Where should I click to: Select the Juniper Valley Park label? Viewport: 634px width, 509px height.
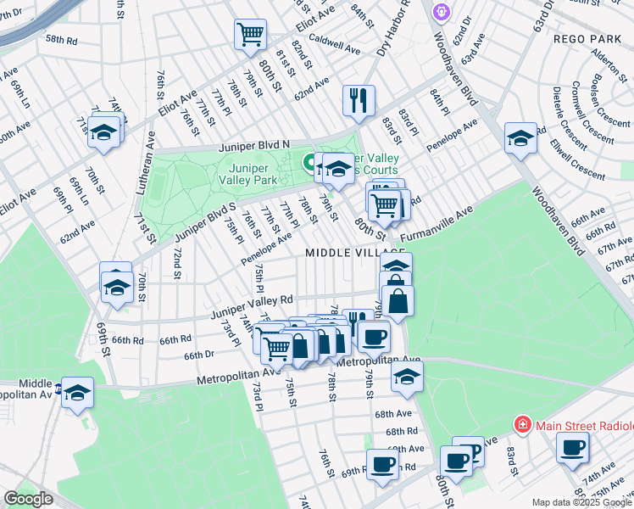[247, 174]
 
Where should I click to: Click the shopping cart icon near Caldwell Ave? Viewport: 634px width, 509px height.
[251, 35]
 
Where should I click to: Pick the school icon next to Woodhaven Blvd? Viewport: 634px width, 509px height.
[520, 138]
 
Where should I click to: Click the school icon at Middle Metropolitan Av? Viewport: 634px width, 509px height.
[77, 393]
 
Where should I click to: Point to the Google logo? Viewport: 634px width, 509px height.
[28, 499]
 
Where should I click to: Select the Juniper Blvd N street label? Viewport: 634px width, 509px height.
[253, 145]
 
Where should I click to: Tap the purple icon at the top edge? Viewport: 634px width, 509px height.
[442, 11]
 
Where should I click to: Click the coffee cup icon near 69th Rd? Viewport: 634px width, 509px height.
[381, 465]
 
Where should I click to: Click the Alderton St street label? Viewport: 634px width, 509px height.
[607, 65]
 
